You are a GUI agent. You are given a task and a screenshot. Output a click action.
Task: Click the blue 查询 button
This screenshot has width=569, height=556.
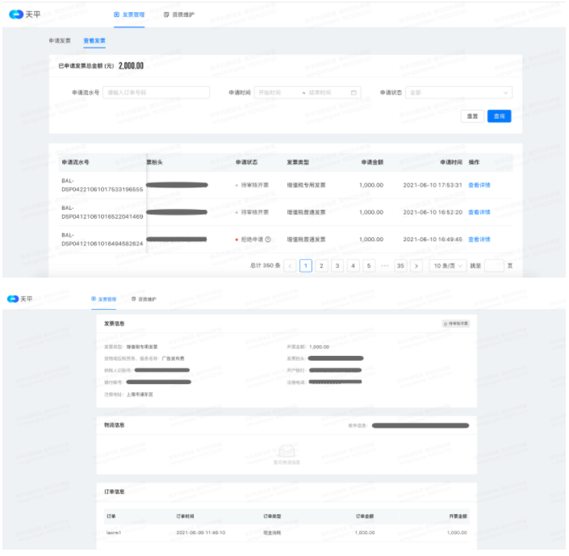(x=499, y=116)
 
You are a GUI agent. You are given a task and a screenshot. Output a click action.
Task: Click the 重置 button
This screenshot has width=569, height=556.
(x=472, y=116)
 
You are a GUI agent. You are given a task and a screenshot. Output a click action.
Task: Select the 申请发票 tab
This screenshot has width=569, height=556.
(x=61, y=40)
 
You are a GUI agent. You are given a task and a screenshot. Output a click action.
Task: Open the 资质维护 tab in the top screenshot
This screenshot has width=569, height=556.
(x=178, y=15)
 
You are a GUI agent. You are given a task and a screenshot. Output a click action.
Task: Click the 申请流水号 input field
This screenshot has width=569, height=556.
(x=156, y=93)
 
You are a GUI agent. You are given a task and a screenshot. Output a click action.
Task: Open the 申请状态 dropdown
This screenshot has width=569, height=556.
(x=458, y=93)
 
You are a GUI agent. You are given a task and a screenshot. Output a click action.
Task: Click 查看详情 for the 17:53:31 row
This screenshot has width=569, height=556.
(x=479, y=185)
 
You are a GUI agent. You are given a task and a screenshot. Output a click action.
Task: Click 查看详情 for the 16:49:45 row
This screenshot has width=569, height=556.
(x=479, y=240)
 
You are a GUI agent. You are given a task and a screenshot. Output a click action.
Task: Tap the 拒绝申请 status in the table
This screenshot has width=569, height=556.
(x=252, y=240)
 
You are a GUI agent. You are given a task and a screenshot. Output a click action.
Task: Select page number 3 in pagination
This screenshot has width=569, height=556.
(x=337, y=265)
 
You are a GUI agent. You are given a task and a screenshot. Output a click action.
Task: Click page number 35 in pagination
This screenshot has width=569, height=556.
(x=400, y=265)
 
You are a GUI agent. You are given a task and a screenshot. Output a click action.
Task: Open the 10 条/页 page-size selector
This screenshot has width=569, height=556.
(x=447, y=265)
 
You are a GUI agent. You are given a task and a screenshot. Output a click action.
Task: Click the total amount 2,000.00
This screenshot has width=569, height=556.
(x=131, y=66)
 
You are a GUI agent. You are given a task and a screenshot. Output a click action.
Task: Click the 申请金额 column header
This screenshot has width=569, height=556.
(x=372, y=162)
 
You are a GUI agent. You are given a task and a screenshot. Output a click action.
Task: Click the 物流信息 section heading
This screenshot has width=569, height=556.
(x=115, y=424)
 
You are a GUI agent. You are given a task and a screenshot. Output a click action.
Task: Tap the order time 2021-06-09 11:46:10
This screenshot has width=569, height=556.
(x=200, y=533)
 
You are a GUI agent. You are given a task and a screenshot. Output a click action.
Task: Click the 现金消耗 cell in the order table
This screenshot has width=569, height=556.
(x=274, y=533)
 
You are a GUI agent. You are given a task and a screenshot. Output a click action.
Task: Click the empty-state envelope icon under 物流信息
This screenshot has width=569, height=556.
(x=286, y=452)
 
